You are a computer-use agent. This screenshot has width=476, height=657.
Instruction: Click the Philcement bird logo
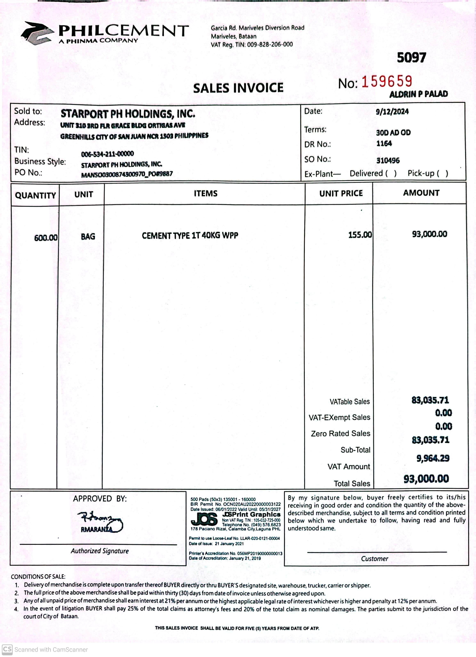click(x=37, y=33)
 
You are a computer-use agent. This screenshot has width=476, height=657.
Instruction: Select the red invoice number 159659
click(x=387, y=82)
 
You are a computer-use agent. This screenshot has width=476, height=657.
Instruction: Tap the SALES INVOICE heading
click(x=238, y=88)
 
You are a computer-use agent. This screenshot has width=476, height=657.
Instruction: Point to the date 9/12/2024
click(x=392, y=112)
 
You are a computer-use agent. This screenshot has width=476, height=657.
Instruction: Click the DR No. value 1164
click(x=384, y=144)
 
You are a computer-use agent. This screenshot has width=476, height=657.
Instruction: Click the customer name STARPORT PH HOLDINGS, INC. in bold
click(x=128, y=114)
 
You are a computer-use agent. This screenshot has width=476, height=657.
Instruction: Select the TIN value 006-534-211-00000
click(x=107, y=153)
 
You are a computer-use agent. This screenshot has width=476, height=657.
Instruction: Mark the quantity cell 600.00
click(x=46, y=238)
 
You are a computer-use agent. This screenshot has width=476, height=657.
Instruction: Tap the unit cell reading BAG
click(x=88, y=237)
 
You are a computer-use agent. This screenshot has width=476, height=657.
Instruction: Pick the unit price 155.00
click(x=360, y=235)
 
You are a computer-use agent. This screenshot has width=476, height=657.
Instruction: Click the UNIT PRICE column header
click(x=341, y=193)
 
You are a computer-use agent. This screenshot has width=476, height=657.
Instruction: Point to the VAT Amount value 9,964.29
click(x=433, y=458)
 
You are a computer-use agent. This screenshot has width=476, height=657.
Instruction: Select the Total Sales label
click(x=352, y=483)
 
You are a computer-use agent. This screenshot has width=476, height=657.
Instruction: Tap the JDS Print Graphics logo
click(x=204, y=519)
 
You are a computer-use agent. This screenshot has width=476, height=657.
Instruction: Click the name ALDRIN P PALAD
click(x=418, y=94)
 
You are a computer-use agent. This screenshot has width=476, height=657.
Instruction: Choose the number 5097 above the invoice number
click(x=411, y=58)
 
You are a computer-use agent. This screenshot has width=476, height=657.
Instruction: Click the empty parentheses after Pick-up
click(x=442, y=174)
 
